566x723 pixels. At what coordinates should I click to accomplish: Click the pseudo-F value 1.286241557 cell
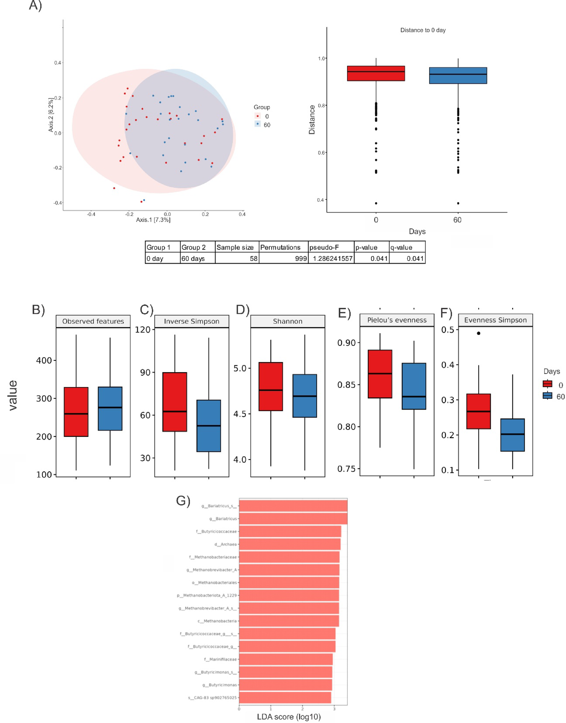tap(332, 259)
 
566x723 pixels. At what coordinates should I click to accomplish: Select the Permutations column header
tap(280, 247)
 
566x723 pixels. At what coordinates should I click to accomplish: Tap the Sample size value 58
tap(254, 259)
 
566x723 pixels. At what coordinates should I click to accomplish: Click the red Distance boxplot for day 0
tap(376, 74)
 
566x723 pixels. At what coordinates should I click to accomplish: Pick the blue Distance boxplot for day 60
tap(458, 76)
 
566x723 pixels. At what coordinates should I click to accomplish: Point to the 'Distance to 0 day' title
tap(423, 30)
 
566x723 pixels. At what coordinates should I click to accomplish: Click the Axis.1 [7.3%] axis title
tap(153, 220)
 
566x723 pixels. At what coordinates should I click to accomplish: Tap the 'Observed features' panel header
tap(93, 321)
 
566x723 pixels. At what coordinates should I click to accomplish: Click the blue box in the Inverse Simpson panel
tap(208, 426)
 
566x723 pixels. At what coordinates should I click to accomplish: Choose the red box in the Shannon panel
tap(271, 387)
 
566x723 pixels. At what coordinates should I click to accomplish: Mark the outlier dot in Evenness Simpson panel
tap(479, 333)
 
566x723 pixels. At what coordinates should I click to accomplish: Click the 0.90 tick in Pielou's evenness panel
tap(346, 343)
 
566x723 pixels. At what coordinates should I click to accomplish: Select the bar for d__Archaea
tap(290, 544)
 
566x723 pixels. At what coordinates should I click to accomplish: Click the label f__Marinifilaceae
tap(220, 659)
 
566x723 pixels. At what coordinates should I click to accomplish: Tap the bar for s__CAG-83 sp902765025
tap(285, 697)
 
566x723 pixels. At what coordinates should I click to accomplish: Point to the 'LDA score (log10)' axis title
tap(289, 717)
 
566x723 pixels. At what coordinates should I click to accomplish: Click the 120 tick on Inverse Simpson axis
tap(142, 330)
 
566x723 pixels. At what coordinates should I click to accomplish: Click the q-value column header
tap(401, 247)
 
